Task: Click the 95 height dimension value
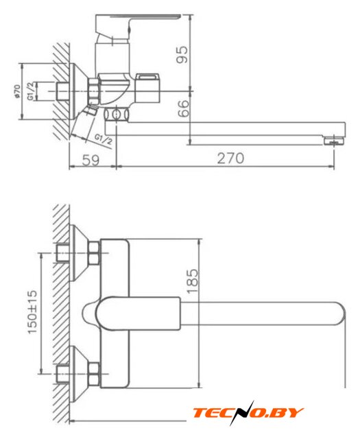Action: [182, 55]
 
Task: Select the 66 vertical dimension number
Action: [183, 108]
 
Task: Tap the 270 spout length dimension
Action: [230, 158]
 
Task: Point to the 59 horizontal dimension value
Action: [91, 160]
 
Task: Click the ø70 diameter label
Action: [17, 91]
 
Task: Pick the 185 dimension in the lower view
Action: [192, 281]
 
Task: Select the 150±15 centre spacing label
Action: [32, 312]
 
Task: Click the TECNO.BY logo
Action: [248, 413]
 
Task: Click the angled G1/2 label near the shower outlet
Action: [103, 139]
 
